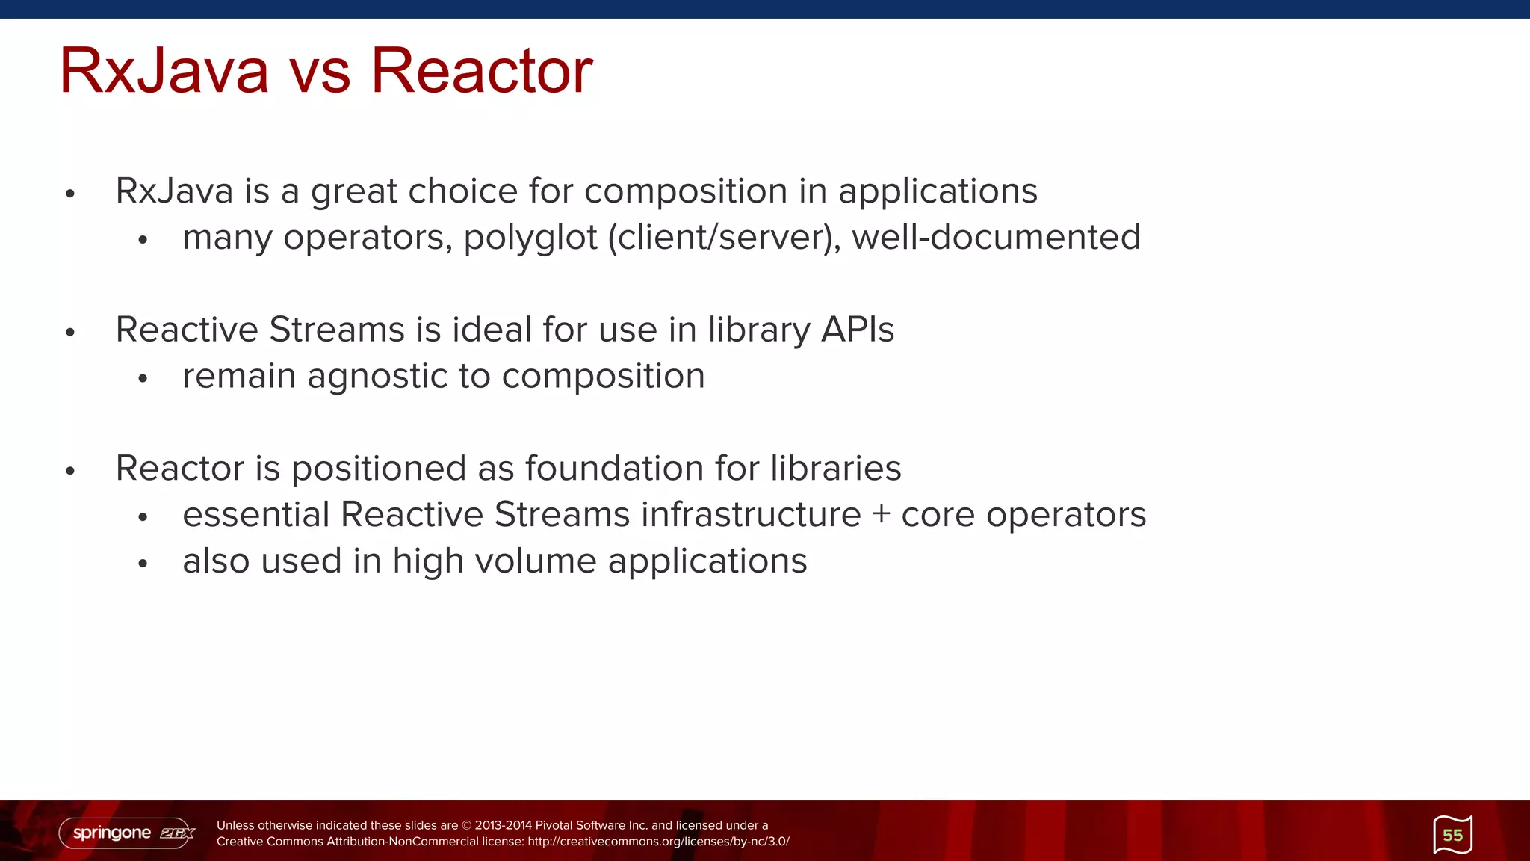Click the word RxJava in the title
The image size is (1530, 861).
(x=164, y=71)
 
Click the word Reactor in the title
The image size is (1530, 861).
(x=481, y=71)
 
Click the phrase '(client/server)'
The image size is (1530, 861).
(x=724, y=238)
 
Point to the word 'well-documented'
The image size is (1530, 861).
(x=996, y=237)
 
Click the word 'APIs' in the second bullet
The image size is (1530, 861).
(x=857, y=330)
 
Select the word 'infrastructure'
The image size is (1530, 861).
(x=751, y=515)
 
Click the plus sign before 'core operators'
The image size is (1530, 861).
(x=881, y=515)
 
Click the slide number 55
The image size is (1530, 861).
(x=1452, y=835)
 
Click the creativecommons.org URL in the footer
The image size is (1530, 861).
(x=657, y=842)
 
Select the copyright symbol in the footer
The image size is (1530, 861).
(x=467, y=826)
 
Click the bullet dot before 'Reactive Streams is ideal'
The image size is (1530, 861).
(x=70, y=333)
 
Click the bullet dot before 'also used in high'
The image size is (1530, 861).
(x=143, y=564)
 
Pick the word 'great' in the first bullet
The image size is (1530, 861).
(x=354, y=192)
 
